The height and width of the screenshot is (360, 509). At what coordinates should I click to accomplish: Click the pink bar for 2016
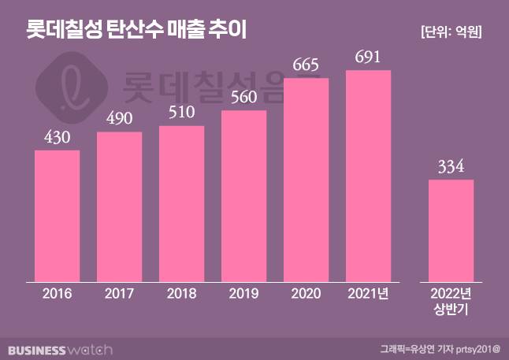pyautogui.click(x=57, y=215)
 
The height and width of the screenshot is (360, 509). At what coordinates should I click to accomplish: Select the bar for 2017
pyautogui.click(x=119, y=206)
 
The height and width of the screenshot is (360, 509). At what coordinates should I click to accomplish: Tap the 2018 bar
pyautogui.click(x=181, y=203)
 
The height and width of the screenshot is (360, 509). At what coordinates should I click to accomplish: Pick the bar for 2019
pyautogui.click(x=243, y=195)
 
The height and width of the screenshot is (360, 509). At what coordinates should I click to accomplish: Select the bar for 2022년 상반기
pyautogui.click(x=451, y=230)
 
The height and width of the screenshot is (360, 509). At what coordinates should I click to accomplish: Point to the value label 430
pyautogui.click(x=57, y=137)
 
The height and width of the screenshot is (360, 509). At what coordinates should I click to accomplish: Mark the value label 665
pyautogui.click(x=306, y=65)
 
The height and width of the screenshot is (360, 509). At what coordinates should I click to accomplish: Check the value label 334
pyautogui.click(x=451, y=167)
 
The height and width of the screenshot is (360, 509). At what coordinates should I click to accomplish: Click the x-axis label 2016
pyautogui.click(x=57, y=294)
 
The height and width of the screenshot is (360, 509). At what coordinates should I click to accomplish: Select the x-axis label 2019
pyautogui.click(x=243, y=294)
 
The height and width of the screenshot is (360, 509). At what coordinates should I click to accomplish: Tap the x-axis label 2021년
pyautogui.click(x=368, y=294)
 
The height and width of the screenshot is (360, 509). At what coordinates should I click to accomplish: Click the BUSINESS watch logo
pyautogui.click(x=61, y=348)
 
